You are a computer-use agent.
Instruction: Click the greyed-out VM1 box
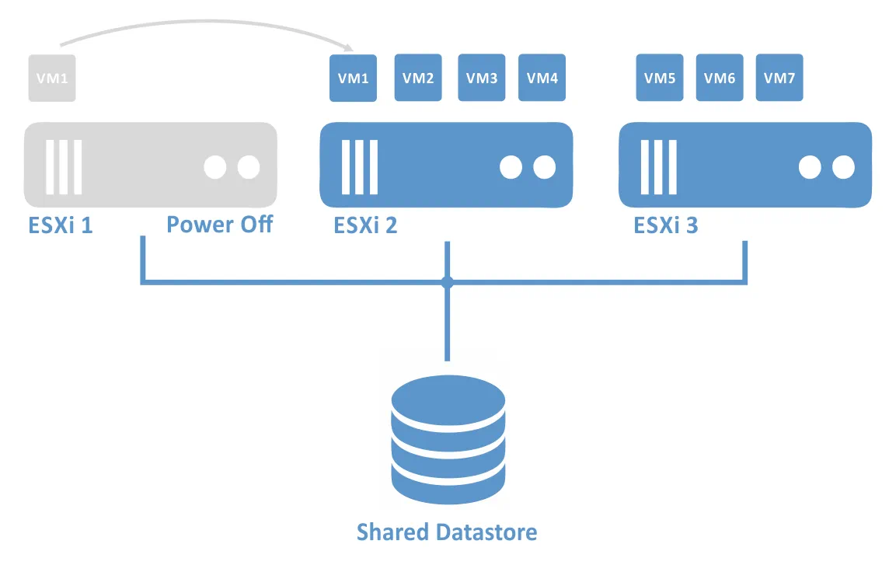(52, 78)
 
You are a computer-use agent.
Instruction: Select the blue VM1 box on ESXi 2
(354, 78)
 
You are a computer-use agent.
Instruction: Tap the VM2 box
(418, 78)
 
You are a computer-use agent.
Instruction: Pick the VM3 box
(482, 78)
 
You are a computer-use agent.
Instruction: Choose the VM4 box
(542, 78)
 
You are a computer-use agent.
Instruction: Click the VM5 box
(660, 78)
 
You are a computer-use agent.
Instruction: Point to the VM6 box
(720, 78)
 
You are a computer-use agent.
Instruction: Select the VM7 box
(779, 78)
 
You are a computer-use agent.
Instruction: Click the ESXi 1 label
(60, 225)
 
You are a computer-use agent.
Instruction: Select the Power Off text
(220, 225)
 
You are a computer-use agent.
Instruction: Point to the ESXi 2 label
(365, 225)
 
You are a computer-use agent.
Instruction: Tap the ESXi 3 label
(666, 225)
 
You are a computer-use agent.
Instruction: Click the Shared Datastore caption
(447, 532)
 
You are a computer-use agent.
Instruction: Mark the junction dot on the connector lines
(447, 282)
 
